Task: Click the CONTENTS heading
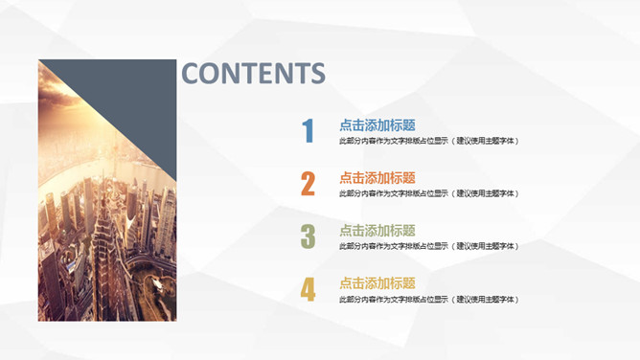point(253,74)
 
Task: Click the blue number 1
point(308,131)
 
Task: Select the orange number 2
point(308,184)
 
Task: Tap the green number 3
point(308,236)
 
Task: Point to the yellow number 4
point(308,289)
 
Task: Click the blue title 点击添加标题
point(377,124)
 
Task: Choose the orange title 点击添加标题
point(377,177)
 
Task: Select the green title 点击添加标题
point(377,230)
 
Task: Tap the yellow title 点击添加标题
point(377,282)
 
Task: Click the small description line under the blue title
point(428,141)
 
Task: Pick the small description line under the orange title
point(428,193)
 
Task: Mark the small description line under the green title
point(428,246)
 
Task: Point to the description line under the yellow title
point(428,300)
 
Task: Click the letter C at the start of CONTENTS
point(191,74)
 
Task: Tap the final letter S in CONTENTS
point(317,74)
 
